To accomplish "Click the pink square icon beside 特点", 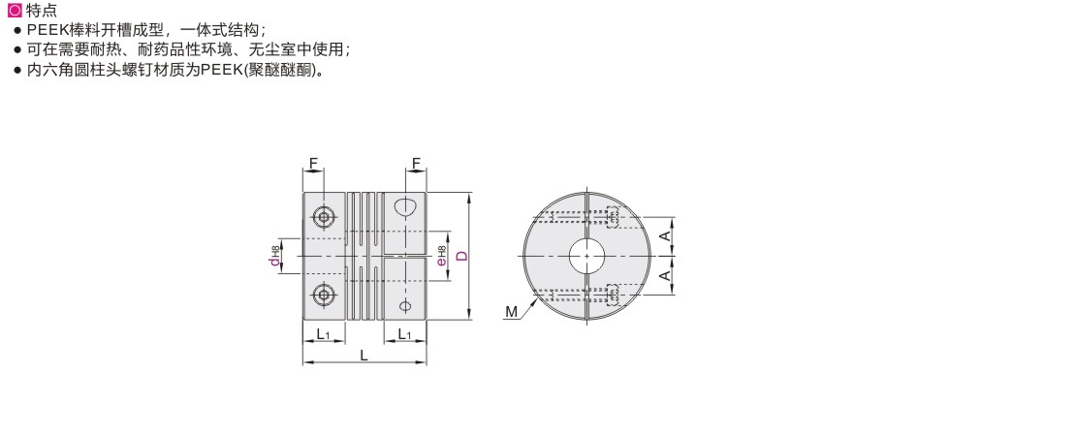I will (13, 11).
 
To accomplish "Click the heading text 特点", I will (41, 11).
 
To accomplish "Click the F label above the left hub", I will (313, 163).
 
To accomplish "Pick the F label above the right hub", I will (416, 163).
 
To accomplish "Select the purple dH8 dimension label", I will (275, 256).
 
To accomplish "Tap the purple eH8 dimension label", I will (441, 256).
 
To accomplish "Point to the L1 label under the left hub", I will (324, 335).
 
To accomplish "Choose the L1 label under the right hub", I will (404, 335).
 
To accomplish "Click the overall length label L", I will (364, 356).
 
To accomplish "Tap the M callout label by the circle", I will (511, 311).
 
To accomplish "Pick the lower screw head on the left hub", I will (323, 294).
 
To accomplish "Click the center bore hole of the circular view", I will (586, 256).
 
